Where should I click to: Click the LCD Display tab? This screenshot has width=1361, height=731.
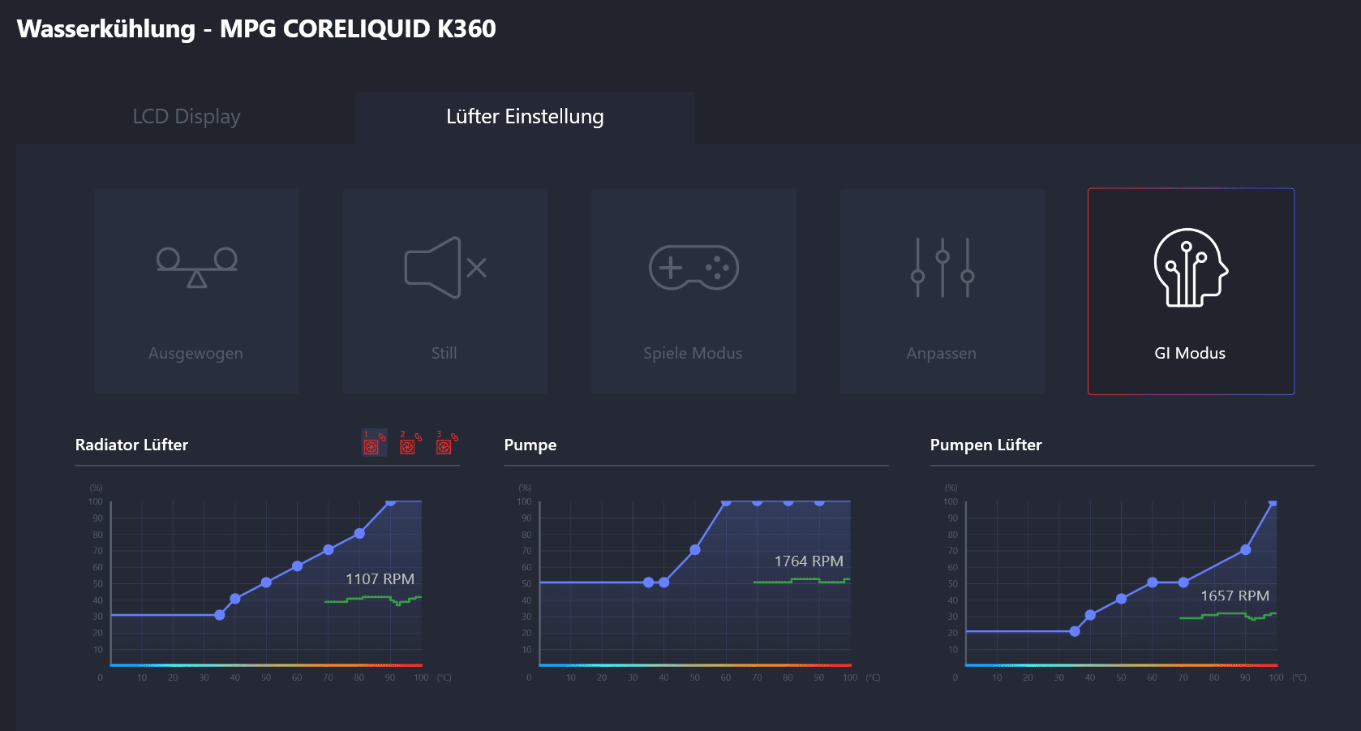187,117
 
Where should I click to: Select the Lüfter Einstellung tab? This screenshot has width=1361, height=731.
525,117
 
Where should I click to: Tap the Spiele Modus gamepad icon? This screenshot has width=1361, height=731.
693,268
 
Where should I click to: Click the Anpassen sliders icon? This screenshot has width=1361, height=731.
942,268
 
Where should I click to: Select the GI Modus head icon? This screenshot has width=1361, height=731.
1190,268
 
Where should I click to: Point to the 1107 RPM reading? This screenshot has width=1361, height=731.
380,579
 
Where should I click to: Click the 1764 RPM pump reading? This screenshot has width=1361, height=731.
809,561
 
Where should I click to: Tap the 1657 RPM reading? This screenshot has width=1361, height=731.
1234,596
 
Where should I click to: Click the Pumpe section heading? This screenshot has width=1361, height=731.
530,445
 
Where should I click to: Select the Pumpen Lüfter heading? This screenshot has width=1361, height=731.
985,445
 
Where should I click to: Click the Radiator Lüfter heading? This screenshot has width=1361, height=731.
131,445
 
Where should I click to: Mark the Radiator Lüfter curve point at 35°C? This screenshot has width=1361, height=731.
220,615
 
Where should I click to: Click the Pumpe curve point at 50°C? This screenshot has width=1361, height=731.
695,550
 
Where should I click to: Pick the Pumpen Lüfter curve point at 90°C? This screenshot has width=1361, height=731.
1246,550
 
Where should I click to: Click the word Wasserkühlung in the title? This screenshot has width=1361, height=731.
106,29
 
